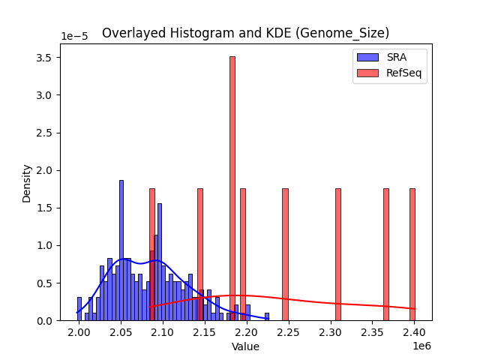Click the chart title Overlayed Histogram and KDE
tap(245, 33)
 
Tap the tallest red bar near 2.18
tap(232, 187)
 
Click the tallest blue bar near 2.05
tap(121, 251)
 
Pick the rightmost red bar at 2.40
tap(412, 255)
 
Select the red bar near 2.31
tap(337, 255)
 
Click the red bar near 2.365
tap(386, 255)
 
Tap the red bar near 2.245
tap(285, 255)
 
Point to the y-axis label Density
tap(27, 183)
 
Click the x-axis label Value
tap(245, 347)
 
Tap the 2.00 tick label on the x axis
tap(79, 332)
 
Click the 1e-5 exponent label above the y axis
tap(74, 37)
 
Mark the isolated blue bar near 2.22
tap(266, 316)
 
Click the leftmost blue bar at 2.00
tap(79, 309)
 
